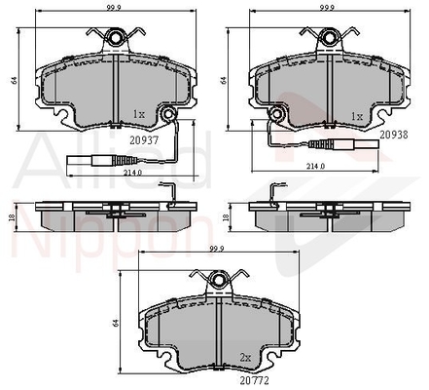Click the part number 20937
[x=144, y=140]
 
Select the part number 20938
[x=394, y=135]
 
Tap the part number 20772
[x=255, y=380]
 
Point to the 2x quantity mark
[x=245, y=358]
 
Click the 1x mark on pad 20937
[x=138, y=114]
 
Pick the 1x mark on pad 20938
[x=357, y=117]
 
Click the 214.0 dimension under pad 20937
[x=132, y=173]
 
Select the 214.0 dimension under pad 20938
[x=316, y=166]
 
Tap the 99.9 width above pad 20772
[x=217, y=249]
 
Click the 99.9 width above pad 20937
[x=114, y=9]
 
